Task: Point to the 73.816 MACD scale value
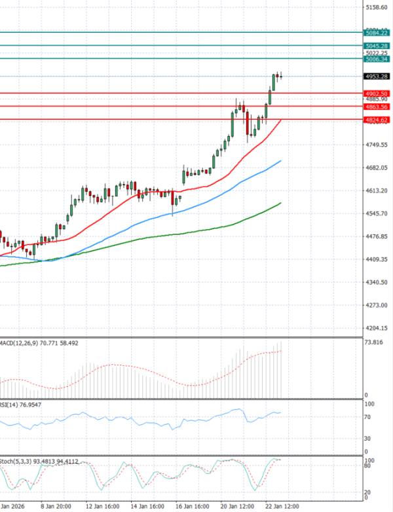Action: pos(373,342)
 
